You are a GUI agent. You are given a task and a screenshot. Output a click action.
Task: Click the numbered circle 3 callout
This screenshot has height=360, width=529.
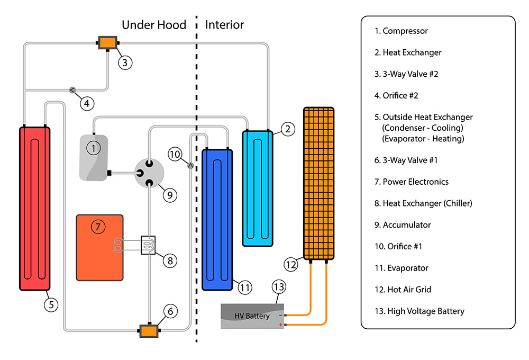coord(125,62)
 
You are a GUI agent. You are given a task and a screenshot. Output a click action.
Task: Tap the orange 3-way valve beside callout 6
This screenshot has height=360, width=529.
coord(149,331)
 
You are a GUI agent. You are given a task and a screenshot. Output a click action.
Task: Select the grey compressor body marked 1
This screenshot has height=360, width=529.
coord(94,158)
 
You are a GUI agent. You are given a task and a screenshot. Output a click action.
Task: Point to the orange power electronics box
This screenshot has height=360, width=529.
coord(100,247)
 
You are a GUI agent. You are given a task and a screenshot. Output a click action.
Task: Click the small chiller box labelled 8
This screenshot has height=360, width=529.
coord(148,245)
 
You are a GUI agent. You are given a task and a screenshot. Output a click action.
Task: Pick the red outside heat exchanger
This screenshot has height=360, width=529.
coord(34,208)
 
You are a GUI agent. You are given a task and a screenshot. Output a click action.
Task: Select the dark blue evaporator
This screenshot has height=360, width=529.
coord(217,220)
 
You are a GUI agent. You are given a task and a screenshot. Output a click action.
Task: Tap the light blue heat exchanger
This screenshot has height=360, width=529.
coord(258,188)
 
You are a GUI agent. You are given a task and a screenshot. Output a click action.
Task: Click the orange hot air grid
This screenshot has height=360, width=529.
coord(318,183)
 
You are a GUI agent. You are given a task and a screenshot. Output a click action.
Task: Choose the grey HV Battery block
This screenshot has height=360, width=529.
coord(252,316)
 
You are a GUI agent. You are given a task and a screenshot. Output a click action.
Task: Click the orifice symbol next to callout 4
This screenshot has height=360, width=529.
coord(72,89)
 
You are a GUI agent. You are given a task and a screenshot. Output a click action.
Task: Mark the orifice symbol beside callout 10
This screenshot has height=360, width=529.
coord(190,166)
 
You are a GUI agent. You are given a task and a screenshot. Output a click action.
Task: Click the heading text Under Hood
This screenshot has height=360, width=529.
coord(154,24)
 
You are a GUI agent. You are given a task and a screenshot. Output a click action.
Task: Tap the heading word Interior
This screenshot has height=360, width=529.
coord(224,24)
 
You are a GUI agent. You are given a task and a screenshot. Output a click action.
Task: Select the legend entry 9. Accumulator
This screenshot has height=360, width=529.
coord(403,224)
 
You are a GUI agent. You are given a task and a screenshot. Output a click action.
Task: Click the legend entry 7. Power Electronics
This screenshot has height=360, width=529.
coord(412,182)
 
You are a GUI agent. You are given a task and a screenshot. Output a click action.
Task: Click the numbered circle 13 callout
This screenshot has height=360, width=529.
coord(279,287)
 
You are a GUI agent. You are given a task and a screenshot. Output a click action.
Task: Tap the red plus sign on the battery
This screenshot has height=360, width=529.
coord(280,325)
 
